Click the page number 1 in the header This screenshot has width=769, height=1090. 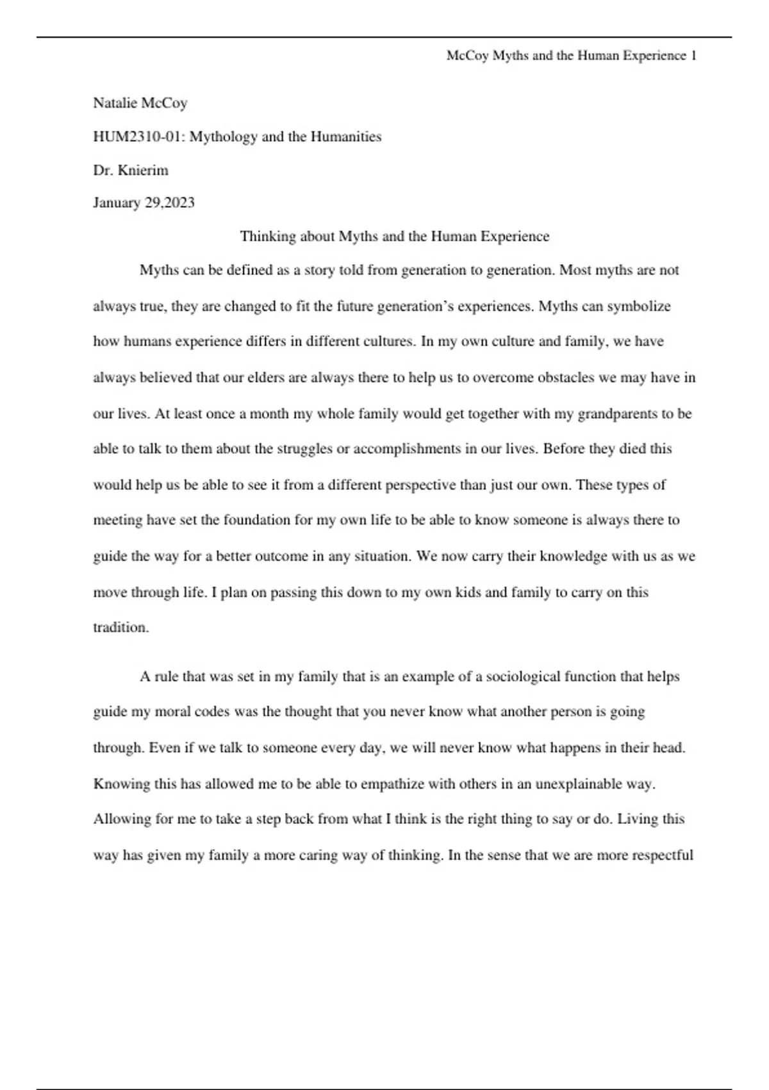[693, 56]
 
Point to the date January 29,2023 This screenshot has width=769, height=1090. [144, 203]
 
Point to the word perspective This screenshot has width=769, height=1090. [420, 485]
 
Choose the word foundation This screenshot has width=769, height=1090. [256, 520]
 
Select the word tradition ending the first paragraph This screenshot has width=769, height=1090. [120, 628]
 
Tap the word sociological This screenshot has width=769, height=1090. [523, 676]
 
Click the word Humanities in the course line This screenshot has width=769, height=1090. [346, 137]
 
